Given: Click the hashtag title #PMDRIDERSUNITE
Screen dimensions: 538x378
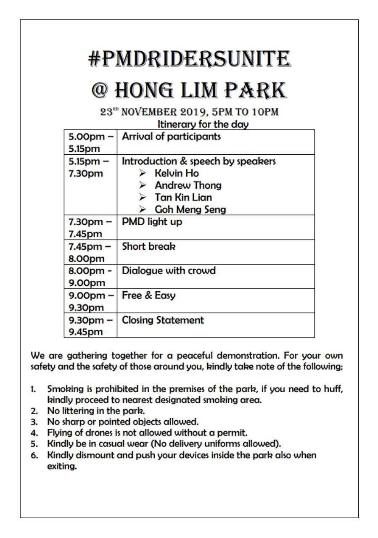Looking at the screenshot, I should point(189,59).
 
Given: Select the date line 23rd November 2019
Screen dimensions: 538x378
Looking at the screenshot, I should point(189,112).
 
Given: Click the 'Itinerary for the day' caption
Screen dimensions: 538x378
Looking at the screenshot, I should point(203,124).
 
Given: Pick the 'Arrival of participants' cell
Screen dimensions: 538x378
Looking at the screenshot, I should point(171,137).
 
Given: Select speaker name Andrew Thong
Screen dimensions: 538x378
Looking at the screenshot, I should point(188,185).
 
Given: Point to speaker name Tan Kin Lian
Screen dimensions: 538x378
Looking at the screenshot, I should point(183,198).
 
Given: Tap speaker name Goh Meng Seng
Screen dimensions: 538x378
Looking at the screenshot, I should point(190,209).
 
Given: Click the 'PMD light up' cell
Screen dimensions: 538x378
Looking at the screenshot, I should point(152,222).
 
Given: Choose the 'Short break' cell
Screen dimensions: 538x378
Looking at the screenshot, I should point(148,247).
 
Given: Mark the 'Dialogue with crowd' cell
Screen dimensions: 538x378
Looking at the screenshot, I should point(169,271).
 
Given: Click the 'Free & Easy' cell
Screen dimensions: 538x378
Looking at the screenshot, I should point(148,295).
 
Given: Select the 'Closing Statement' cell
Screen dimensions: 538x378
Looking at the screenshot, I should point(163,320).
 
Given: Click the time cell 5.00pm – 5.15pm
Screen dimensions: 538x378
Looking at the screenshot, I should point(90,142).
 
